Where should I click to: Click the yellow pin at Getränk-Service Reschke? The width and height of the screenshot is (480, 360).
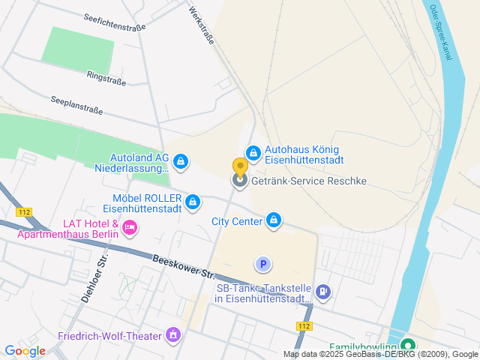[240, 168]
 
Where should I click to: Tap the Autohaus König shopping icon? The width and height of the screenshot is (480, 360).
[253, 154]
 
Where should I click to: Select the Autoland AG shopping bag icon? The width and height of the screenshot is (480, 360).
[181, 161]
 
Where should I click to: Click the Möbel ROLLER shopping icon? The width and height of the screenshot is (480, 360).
[193, 202]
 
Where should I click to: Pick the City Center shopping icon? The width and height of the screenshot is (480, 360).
[274, 220]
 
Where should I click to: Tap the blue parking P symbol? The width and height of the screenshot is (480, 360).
[262, 264]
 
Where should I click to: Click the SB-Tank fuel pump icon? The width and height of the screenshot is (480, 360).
[322, 292]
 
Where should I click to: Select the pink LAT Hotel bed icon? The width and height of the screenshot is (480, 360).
[130, 226]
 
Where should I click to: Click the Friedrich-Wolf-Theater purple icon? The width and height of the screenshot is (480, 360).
[174, 334]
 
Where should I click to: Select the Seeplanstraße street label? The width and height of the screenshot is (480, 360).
[76, 104]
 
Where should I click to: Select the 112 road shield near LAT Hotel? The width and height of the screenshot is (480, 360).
[26, 212]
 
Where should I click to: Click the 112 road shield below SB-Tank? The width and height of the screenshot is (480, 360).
[304, 325]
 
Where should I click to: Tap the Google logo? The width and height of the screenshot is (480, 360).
[25, 350]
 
